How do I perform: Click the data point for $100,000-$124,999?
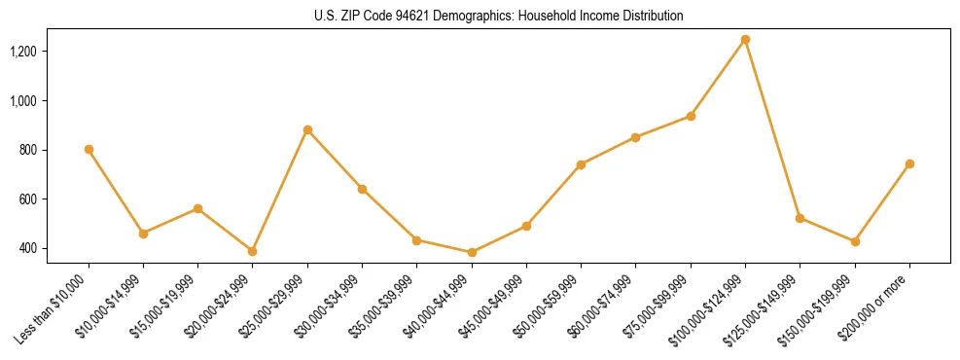pyautogui.click(x=745, y=39)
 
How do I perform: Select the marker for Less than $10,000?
pyautogui.click(x=89, y=149)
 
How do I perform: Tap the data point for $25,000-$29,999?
pyautogui.click(x=307, y=129)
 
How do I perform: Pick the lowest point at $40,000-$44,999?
pyautogui.click(x=472, y=252)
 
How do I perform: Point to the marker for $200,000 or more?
pyautogui.click(x=909, y=163)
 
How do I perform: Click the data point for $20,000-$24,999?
pyautogui.click(x=253, y=251)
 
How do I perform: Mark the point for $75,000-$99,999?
pyautogui.click(x=691, y=116)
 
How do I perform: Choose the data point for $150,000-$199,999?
pyautogui.click(x=855, y=241)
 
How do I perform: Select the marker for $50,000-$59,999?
pyautogui.click(x=581, y=164)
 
